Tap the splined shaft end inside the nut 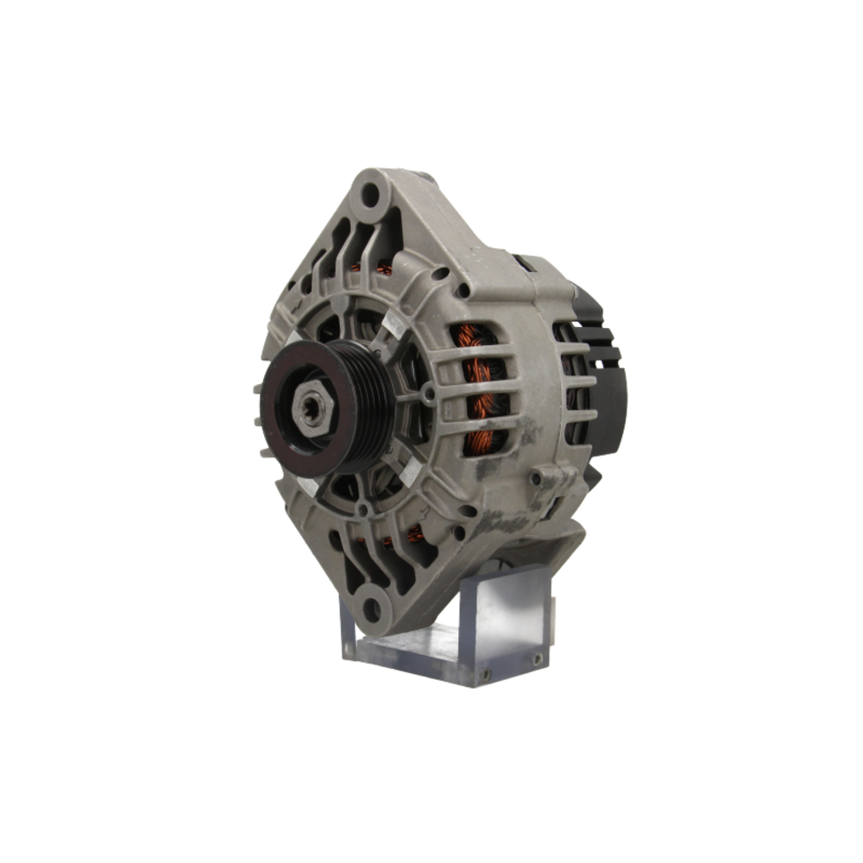point(307,404)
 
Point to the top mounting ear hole point(369,195)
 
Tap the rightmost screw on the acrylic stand point(537,659)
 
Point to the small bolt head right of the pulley point(429,394)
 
